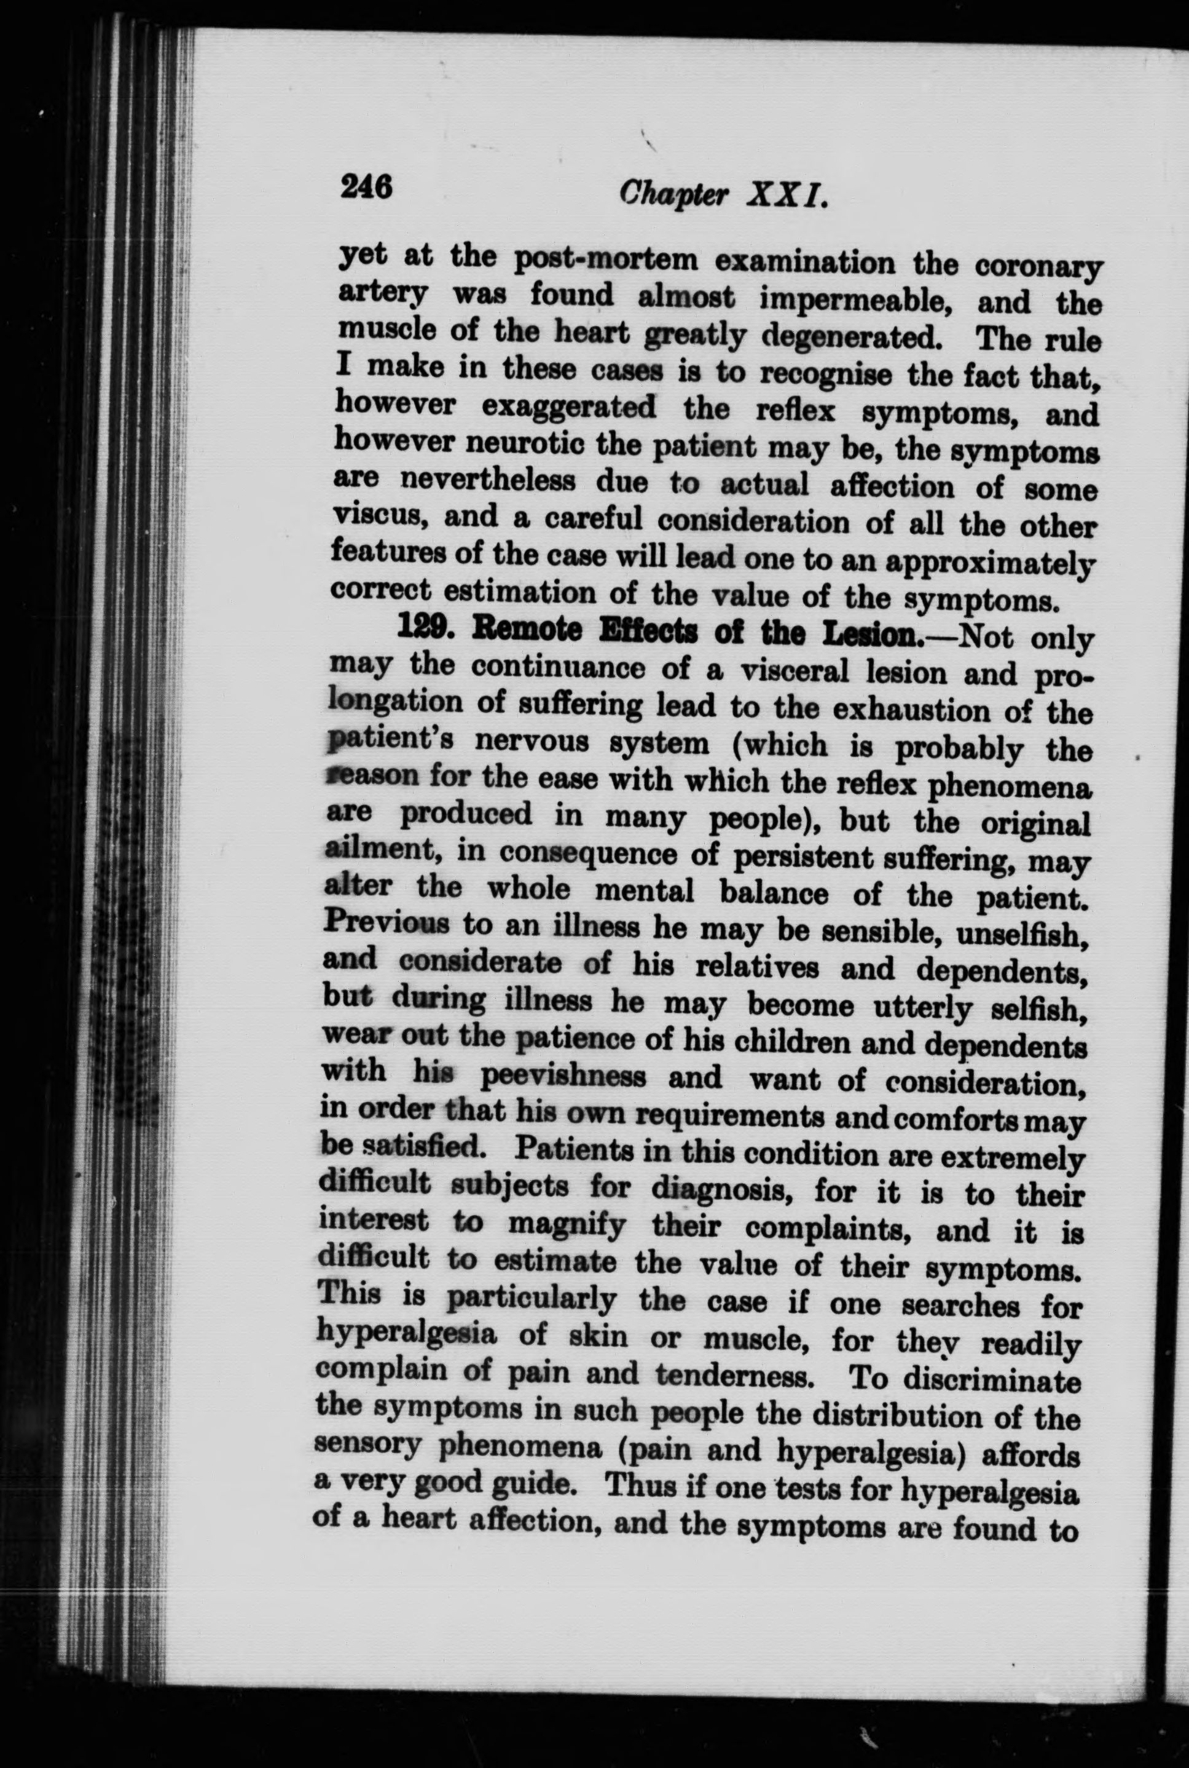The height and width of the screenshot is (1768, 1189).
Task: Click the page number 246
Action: [x=366, y=187]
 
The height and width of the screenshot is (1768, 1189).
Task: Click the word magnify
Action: [x=567, y=1224]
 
